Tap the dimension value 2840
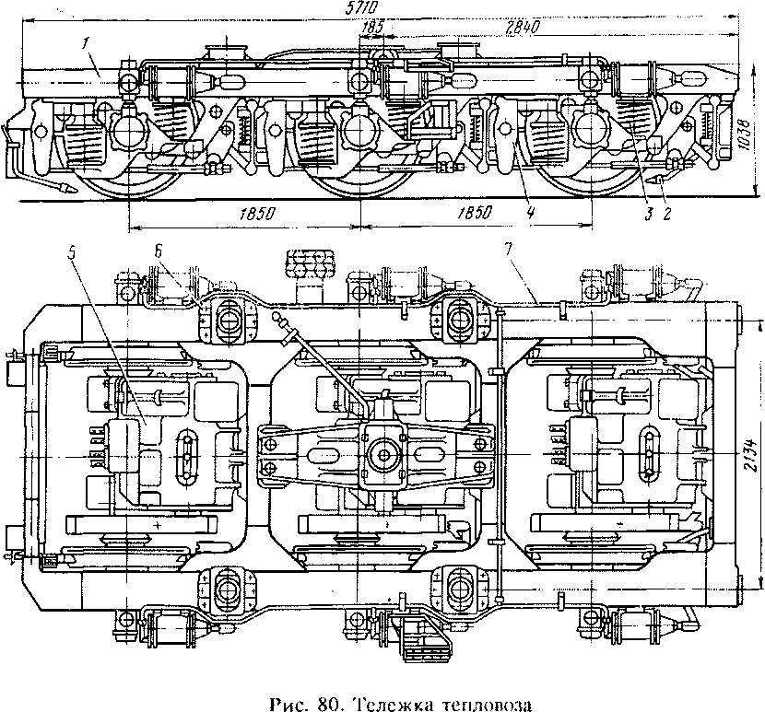tap(523, 27)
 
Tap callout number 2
tap(666, 213)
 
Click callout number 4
tap(531, 212)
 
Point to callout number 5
tap(72, 253)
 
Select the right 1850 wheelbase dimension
tap(475, 212)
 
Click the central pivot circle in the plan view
tap(384, 455)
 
